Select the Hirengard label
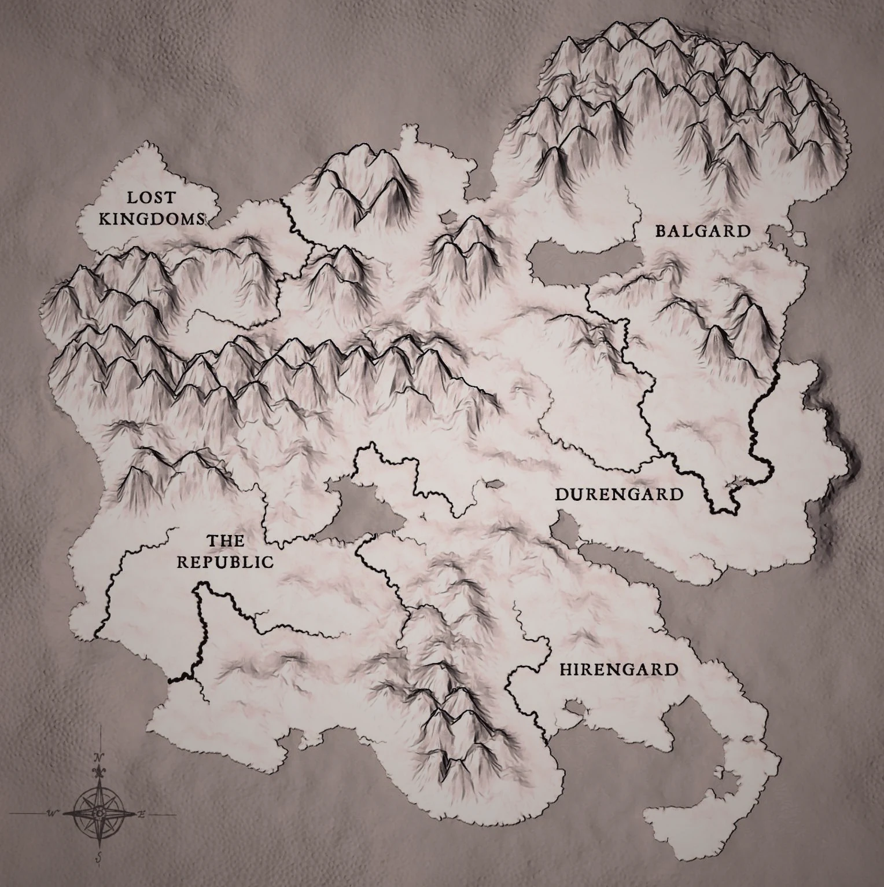pyautogui.click(x=618, y=670)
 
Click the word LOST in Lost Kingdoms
pyautogui.click(x=150, y=197)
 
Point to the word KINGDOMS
pyautogui.click(x=152, y=219)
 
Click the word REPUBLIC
pyautogui.click(x=225, y=562)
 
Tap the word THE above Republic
pyautogui.click(x=226, y=541)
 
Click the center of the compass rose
pyautogui.click(x=100, y=813)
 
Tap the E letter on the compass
pyautogui.click(x=142, y=814)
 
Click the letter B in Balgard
pyautogui.click(x=660, y=232)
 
